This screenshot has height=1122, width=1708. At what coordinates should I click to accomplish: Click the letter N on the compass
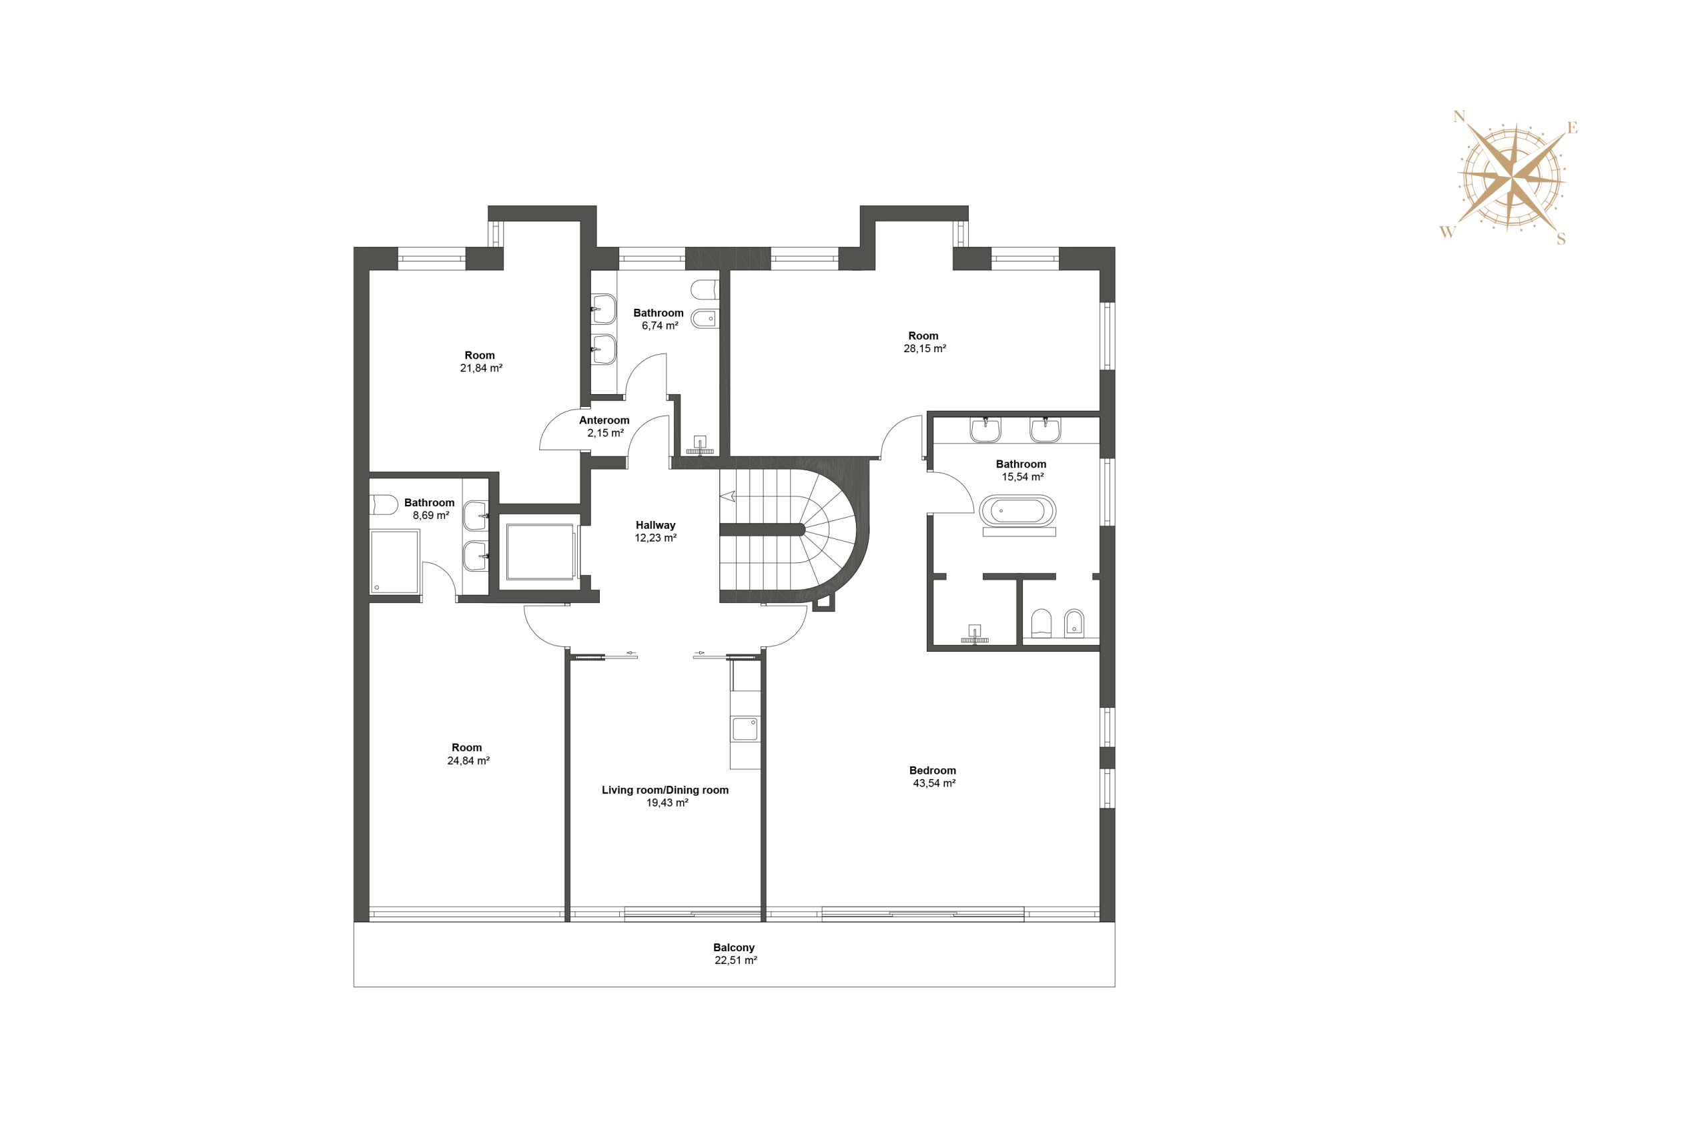1458,116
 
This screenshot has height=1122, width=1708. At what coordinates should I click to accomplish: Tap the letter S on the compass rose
1561,239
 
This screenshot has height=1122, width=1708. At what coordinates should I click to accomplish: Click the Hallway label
655,525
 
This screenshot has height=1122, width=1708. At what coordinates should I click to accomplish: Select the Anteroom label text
604,420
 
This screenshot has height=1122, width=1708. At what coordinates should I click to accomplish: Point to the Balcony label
733,948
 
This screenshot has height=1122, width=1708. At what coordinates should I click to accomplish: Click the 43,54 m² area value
933,783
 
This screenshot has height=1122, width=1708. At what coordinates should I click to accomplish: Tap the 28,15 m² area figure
924,349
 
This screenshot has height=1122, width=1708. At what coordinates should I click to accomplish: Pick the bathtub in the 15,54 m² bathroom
1017,511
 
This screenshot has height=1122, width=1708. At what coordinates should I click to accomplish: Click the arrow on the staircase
728,495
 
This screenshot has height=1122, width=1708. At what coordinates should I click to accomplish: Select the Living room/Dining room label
665,790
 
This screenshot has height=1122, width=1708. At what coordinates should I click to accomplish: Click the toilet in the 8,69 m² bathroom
383,504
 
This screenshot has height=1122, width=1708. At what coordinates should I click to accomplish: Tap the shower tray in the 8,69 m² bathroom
395,562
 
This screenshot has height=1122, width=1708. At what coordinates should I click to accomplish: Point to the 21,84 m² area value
481,368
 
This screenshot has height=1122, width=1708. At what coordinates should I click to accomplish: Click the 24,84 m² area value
468,760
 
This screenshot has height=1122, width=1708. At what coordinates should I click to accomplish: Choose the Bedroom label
932,770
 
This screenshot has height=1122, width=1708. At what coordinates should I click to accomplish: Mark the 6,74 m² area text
660,326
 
